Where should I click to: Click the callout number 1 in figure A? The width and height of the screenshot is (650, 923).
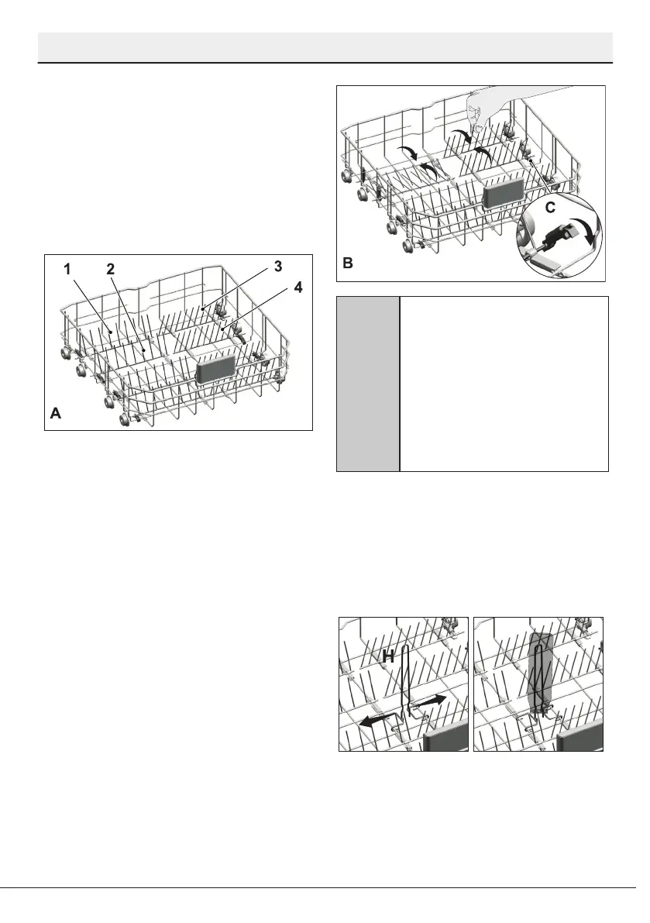(x=67, y=269)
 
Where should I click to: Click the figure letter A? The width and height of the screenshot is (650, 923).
(x=55, y=415)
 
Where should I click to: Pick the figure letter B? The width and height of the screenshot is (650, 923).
(x=349, y=263)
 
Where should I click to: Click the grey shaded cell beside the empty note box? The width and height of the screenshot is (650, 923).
(x=367, y=383)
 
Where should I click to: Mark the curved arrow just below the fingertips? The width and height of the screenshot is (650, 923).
(x=463, y=137)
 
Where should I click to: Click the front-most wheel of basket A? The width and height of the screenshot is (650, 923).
(x=124, y=419)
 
